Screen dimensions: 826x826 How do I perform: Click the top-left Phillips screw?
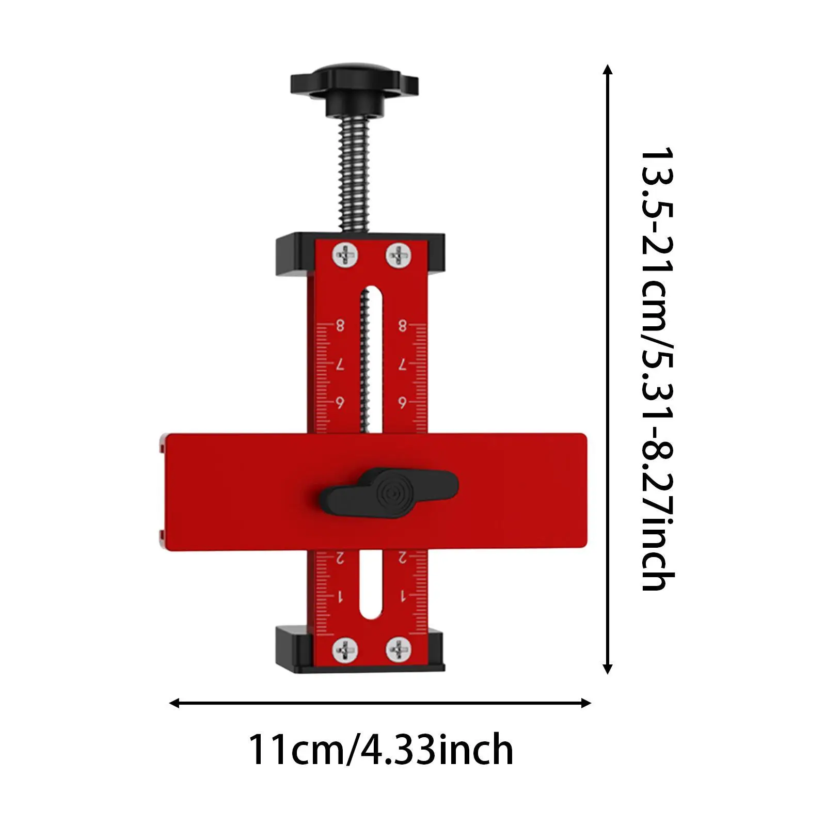pyautogui.click(x=345, y=255)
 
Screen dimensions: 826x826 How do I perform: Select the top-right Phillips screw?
pyautogui.click(x=399, y=255)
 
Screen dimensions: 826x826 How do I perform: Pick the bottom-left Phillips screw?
pyautogui.click(x=345, y=650)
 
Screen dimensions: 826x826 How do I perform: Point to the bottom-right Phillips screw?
pyautogui.click(x=399, y=650)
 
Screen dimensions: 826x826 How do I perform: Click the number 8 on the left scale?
pyautogui.click(x=340, y=325)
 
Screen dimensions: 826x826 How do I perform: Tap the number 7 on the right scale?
pyautogui.click(x=402, y=364)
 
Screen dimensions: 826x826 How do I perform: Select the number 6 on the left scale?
pyautogui.click(x=340, y=403)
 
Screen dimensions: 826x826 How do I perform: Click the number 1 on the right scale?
pyautogui.click(x=403, y=597)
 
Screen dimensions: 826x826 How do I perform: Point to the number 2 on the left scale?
pyautogui.click(x=340, y=558)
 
